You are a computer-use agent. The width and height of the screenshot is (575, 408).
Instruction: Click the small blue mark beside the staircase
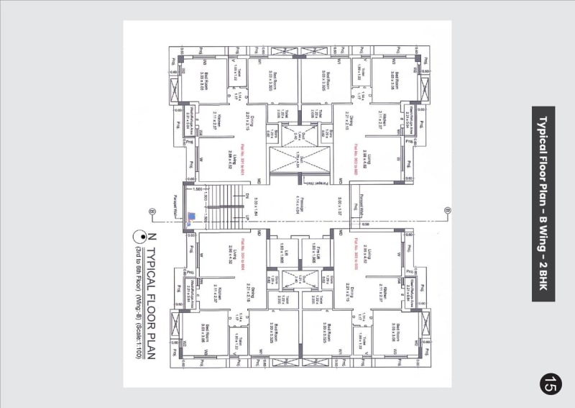point(191,216)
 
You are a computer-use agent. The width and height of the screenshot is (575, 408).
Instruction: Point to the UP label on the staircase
point(246,216)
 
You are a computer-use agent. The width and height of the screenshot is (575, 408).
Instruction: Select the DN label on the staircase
point(246,195)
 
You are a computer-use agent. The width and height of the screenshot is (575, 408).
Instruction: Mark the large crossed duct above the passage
point(296,158)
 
